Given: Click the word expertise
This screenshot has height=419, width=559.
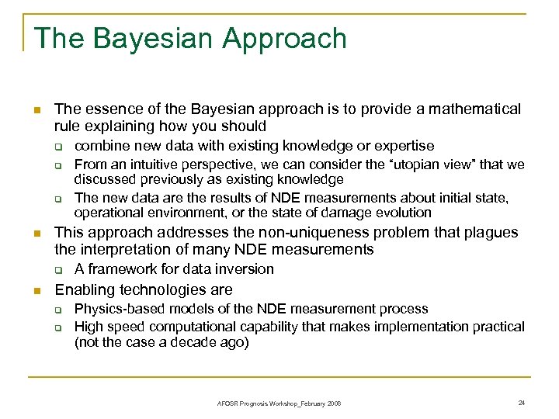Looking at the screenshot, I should pos(404,146).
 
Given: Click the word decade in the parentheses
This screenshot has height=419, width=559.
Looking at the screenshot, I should pos(192,342).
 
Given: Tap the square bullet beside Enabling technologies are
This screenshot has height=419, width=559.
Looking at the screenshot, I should pos(36,291).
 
